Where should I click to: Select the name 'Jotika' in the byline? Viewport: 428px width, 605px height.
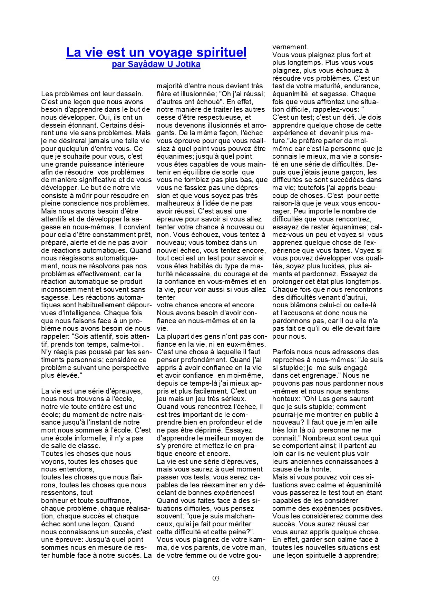188,64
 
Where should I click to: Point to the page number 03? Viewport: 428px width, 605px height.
216,578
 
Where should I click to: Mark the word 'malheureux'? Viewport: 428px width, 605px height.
174,203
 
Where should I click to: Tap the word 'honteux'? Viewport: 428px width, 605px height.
285,399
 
